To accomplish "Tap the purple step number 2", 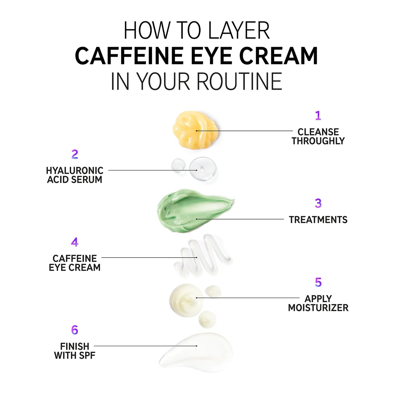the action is pyautogui.click(x=75, y=154).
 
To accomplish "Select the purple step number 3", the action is pyautogui.click(x=318, y=203).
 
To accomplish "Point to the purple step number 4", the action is pyautogui.click(x=75, y=242).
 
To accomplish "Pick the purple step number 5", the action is pyautogui.click(x=318, y=282).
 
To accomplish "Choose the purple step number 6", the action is pyautogui.click(x=75, y=330).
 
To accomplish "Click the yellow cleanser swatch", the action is pyautogui.click(x=195, y=130).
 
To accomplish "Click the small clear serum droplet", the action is pyautogui.click(x=178, y=165).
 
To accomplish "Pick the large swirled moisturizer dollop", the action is pyautogui.click(x=186, y=300).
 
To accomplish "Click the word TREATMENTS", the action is pyautogui.click(x=318, y=220).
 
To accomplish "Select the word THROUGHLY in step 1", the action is pyautogui.click(x=318, y=141).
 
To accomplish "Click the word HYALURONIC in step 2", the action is pyautogui.click(x=75, y=171).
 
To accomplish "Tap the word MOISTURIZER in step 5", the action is pyautogui.click(x=318, y=308).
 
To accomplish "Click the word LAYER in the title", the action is pyautogui.click(x=239, y=30).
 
